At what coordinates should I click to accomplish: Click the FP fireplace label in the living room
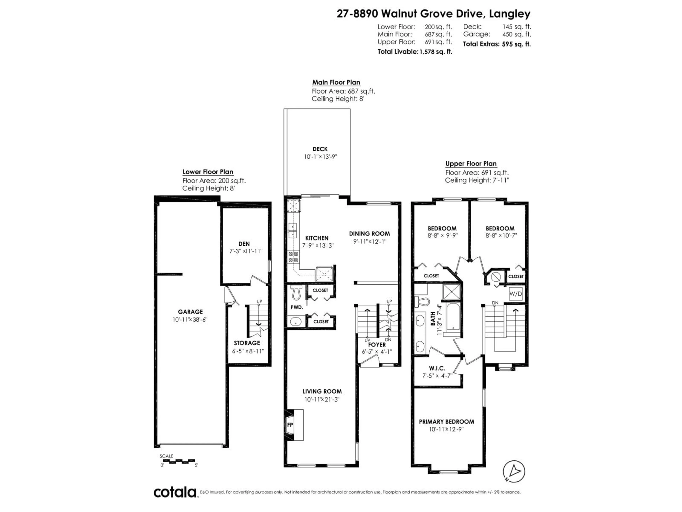290,425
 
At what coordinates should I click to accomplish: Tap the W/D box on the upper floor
516,294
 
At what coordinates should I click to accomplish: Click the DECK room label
320,149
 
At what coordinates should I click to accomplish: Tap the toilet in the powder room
296,292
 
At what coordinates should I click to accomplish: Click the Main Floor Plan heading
336,82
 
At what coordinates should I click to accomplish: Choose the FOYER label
377,344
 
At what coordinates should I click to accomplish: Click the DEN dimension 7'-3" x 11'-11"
246,251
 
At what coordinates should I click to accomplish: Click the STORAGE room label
247,343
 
